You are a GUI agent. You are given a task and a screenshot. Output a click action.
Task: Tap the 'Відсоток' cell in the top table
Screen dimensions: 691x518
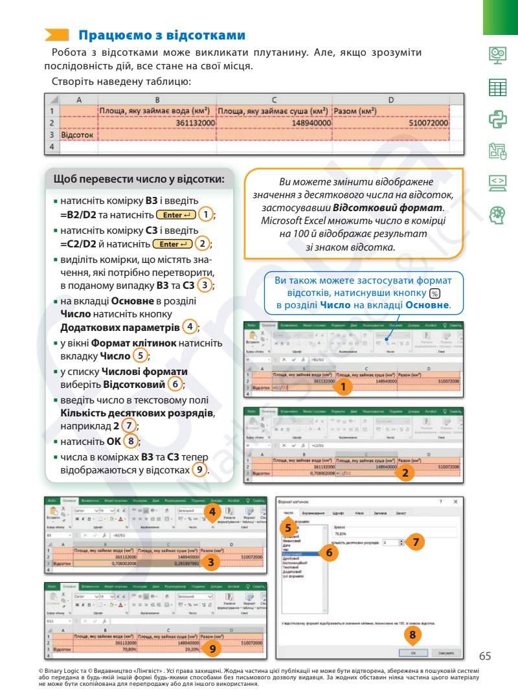coord(77,135)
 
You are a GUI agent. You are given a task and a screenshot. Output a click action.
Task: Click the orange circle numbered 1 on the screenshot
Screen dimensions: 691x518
coord(344,387)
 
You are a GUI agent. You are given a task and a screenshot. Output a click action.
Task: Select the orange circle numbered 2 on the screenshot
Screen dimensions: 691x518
coord(405,473)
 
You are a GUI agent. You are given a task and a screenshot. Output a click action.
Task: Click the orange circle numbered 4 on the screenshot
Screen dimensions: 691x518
coord(212,512)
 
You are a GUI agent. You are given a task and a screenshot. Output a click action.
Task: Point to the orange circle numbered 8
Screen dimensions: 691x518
coord(412,635)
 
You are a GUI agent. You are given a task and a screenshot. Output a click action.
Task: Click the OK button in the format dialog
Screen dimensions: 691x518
coord(413,652)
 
